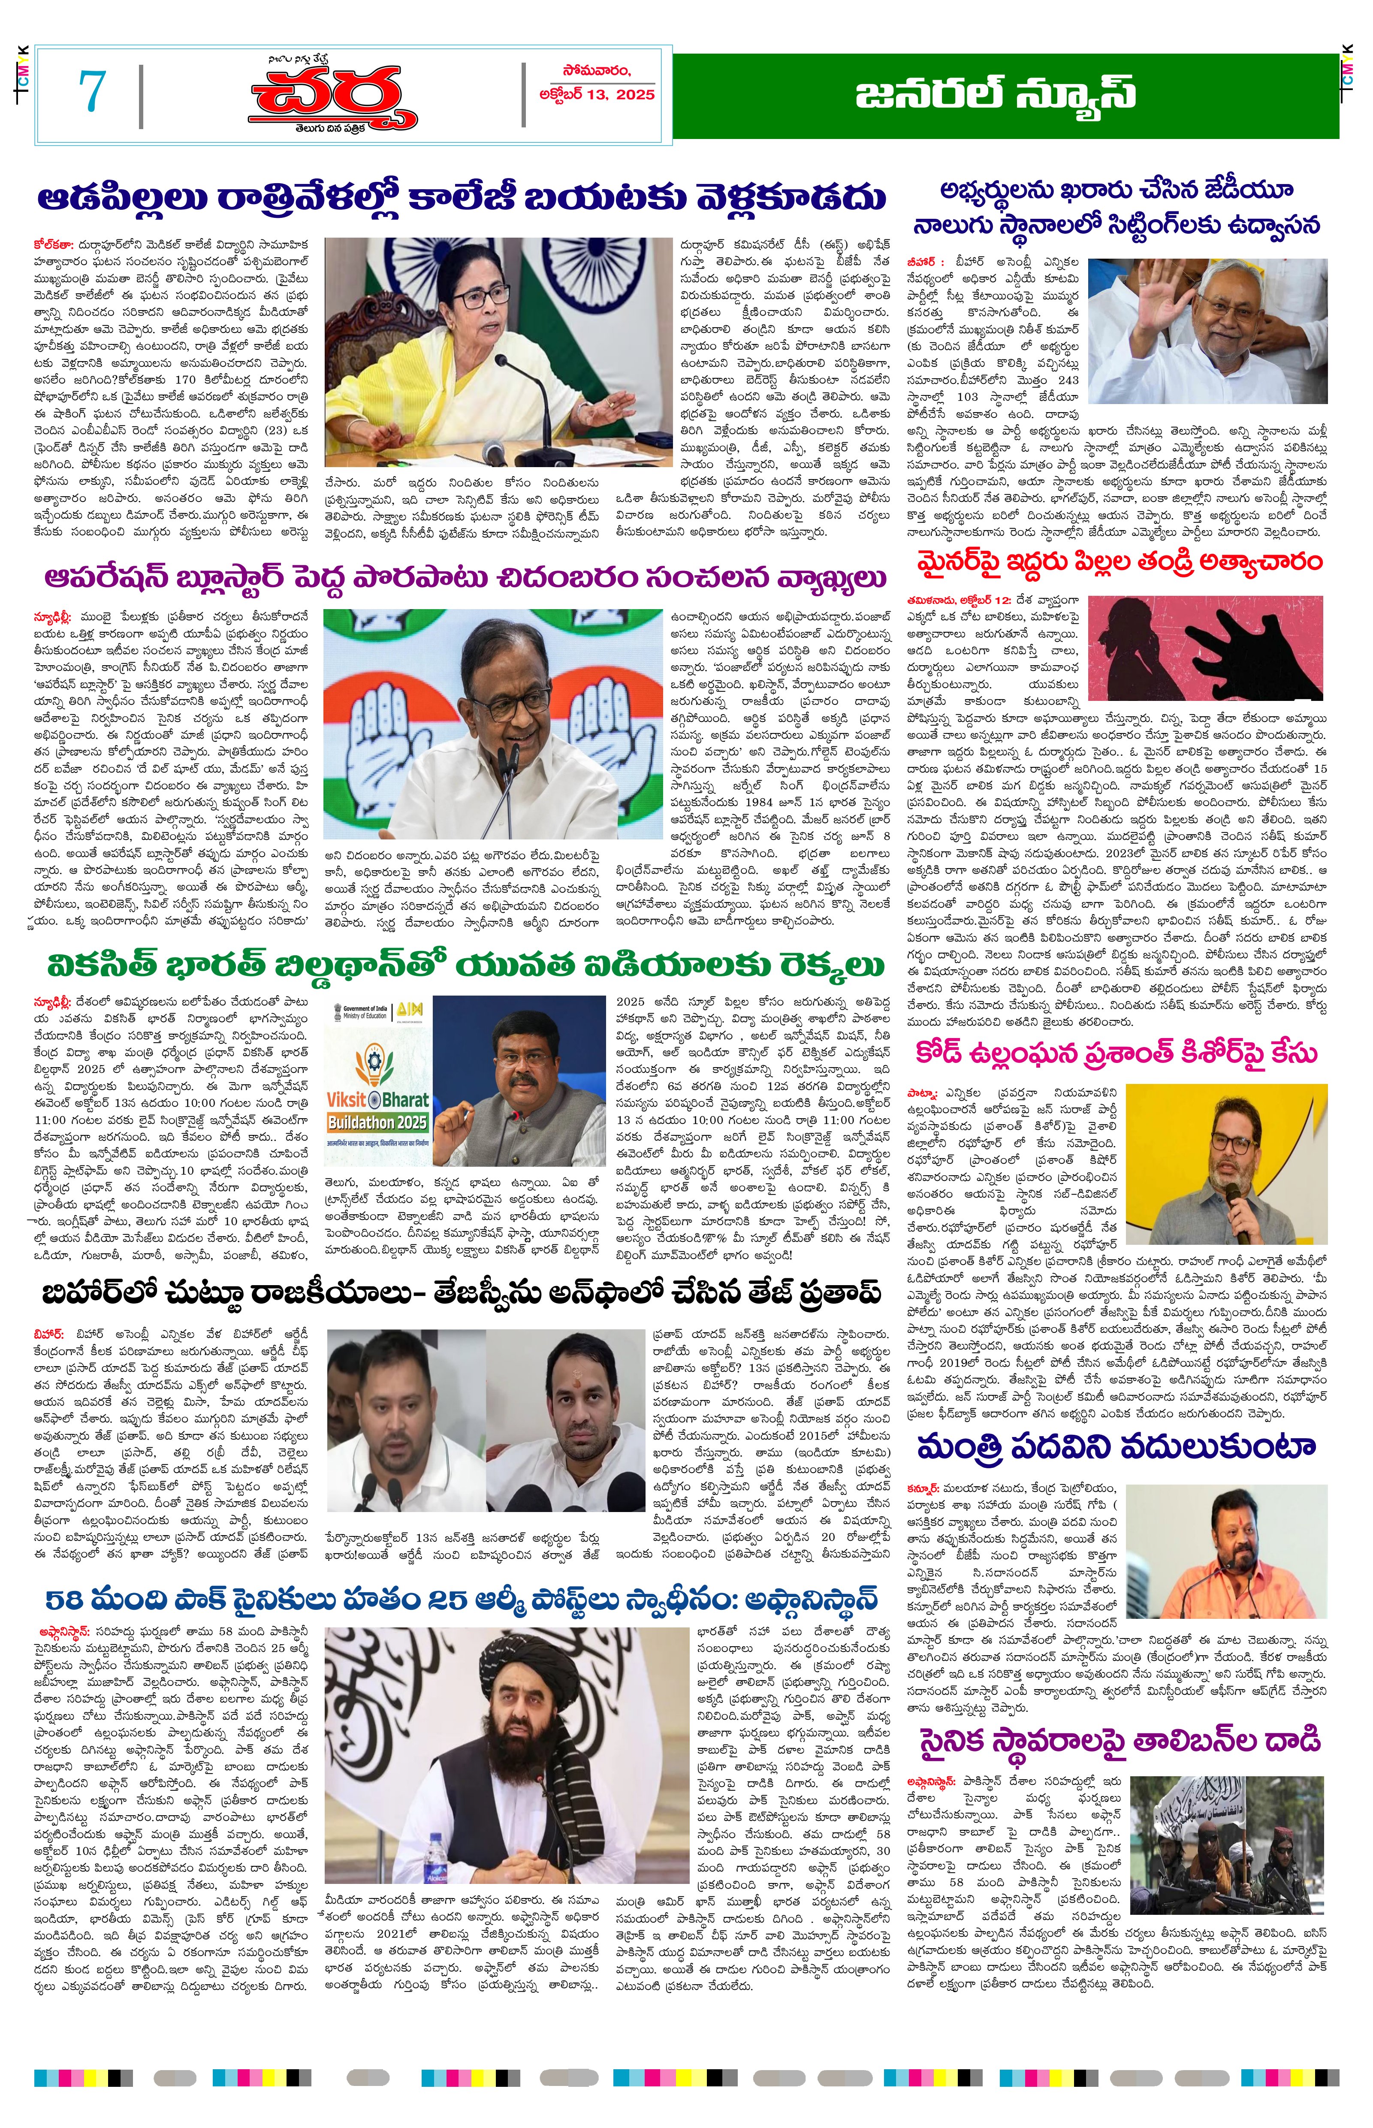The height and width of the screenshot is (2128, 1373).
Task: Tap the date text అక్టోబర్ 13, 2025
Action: pos(597,94)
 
